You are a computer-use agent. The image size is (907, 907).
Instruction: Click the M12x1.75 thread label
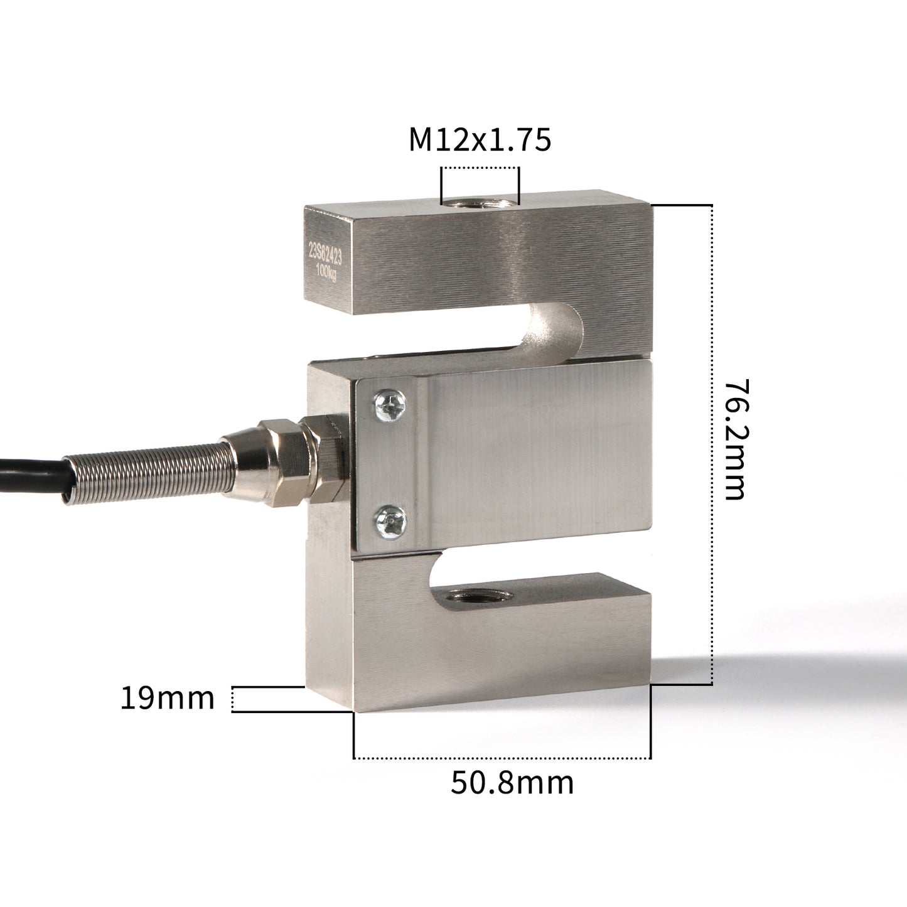480,139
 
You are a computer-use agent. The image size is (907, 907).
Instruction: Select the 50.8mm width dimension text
512,783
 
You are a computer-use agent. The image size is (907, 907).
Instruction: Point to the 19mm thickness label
167,698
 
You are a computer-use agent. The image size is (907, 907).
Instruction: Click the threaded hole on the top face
480,202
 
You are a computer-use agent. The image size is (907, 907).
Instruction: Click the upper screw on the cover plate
389,405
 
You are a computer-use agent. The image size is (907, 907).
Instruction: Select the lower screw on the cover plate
389,521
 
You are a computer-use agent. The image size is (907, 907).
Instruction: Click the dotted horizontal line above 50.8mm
502,758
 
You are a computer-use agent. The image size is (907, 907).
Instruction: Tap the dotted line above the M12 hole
480,168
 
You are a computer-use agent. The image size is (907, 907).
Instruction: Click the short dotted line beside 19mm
233,699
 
